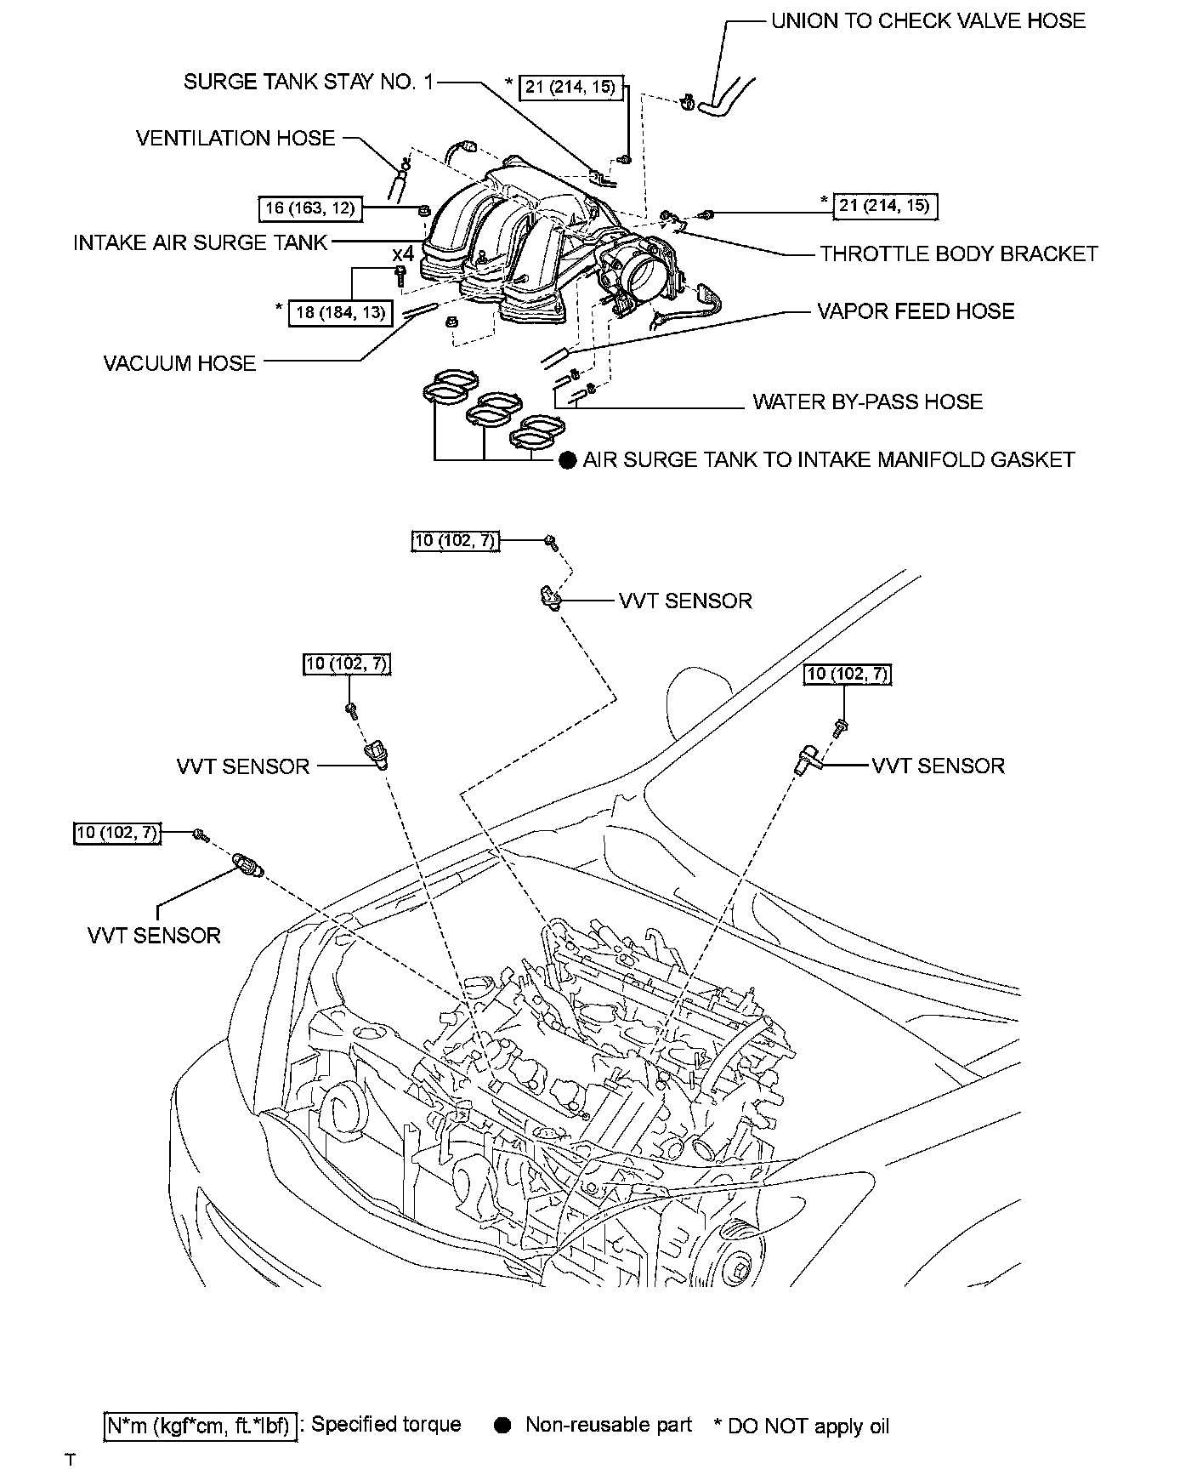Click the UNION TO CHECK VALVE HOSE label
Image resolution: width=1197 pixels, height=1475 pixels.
(928, 20)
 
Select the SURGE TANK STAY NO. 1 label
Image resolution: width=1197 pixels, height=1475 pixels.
(309, 82)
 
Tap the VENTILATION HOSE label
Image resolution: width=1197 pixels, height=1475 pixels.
(235, 138)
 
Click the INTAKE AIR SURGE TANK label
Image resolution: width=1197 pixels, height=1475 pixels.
(201, 242)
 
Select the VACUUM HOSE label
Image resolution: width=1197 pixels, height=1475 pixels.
(179, 363)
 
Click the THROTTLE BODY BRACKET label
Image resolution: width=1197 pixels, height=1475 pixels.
(959, 253)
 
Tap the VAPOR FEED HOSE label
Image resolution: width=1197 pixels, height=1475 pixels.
(916, 311)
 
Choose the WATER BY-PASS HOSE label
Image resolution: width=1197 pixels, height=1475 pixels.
(867, 401)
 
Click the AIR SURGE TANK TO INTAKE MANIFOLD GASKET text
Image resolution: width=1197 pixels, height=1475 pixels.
(829, 459)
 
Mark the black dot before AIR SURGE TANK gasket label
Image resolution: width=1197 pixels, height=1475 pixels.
(568, 461)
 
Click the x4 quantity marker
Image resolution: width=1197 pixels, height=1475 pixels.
(403, 253)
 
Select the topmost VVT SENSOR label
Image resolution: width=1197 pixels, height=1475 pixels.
(685, 601)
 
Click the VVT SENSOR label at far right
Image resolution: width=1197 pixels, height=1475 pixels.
(939, 766)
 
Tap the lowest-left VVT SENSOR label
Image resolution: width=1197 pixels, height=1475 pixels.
(154, 936)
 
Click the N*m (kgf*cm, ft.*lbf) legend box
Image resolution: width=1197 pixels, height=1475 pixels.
(201, 1426)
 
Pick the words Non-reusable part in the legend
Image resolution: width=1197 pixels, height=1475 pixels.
(609, 1425)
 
